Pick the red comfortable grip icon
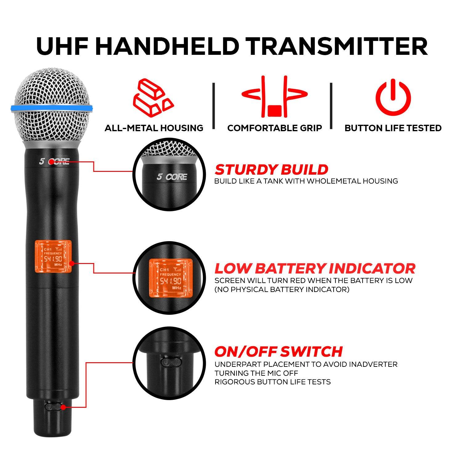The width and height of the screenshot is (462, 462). pos(274,97)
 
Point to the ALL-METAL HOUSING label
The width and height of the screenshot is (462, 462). pos(154,128)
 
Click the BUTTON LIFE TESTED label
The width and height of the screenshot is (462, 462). pos(393,128)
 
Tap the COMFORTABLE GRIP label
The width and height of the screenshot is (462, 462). pos(274,128)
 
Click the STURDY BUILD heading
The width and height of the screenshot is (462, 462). pos(271,170)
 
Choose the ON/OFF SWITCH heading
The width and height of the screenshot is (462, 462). pos(278,351)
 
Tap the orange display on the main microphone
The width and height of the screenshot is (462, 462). pos(53,257)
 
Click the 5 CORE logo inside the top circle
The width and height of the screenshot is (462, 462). pos(172,177)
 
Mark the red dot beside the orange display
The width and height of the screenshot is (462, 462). pos(72,264)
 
